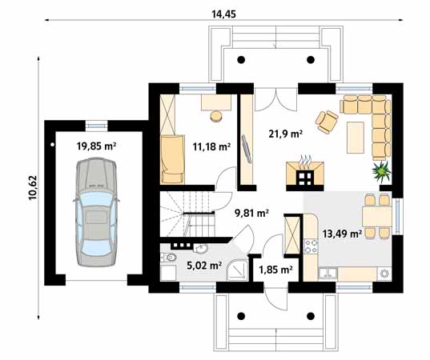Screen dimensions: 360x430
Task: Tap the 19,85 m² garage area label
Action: click(96, 146)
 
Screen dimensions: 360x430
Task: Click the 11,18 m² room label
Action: click(211, 147)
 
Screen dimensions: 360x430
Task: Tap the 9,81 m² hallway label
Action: click(251, 213)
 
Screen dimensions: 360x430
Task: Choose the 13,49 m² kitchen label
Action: click(342, 234)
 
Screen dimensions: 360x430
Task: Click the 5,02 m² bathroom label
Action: click(203, 266)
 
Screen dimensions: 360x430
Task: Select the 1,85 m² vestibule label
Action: click(275, 270)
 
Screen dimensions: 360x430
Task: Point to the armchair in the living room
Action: click(327, 120)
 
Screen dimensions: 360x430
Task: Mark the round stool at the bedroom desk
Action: click(216, 116)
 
